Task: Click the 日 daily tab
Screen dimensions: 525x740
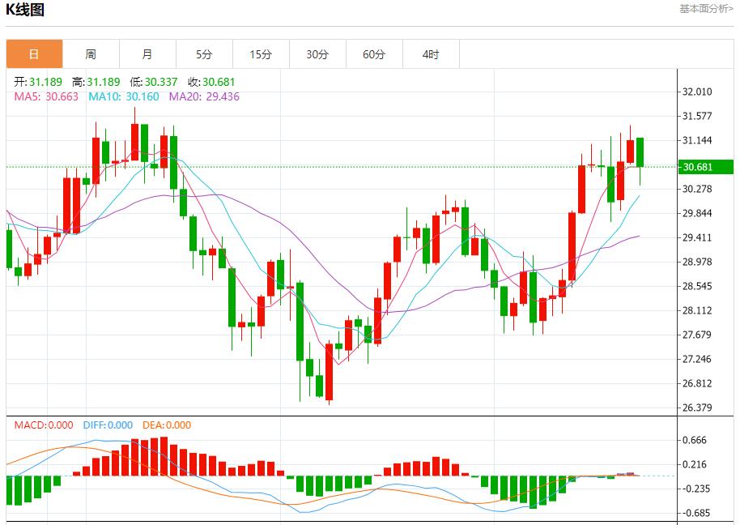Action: [x=34, y=54]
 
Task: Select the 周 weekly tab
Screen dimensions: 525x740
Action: [x=91, y=54]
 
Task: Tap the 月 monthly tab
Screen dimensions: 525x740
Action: [x=147, y=54]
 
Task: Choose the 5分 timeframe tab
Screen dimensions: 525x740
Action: [x=204, y=54]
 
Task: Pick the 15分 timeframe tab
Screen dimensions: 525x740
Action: [x=261, y=54]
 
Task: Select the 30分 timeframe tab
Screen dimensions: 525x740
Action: [x=317, y=54]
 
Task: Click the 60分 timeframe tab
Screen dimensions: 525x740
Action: [x=374, y=54]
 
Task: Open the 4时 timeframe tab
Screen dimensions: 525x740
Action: [x=431, y=54]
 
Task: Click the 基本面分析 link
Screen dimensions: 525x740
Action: [x=706, y=9]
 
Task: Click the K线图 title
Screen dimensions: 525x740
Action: [x=25, y=10]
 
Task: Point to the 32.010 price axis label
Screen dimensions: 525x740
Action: [x=697, y=92]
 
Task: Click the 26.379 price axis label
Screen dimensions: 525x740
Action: [x=697, y=408]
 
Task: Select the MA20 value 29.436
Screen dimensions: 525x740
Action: [x=223, y=96]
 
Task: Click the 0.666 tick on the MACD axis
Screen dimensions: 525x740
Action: [x=695, y=440]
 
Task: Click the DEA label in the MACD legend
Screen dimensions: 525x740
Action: [x=152, y=425]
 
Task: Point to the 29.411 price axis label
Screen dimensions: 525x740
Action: [x=697, y=237]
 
